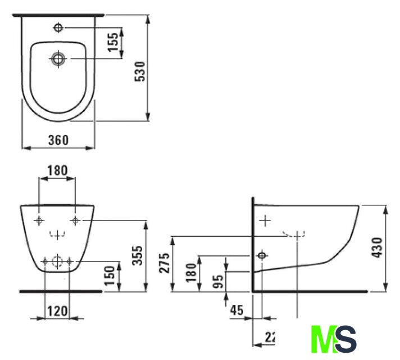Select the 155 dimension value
(x=113, y=43)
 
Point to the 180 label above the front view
(x=57, y=170)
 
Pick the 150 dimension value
(x=111, y=276)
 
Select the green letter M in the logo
(x=322, y=339)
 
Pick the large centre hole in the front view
(x=57, y=261)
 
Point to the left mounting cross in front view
(x=39, y=220)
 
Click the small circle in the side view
(x=261, y=256)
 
